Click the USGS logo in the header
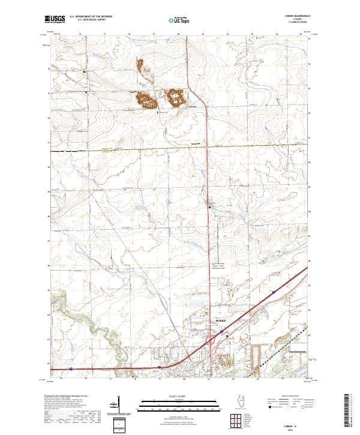click(x=55, y=19)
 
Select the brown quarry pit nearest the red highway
click(x=175, y=97)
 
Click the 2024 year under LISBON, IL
click(x=298, y=428)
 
